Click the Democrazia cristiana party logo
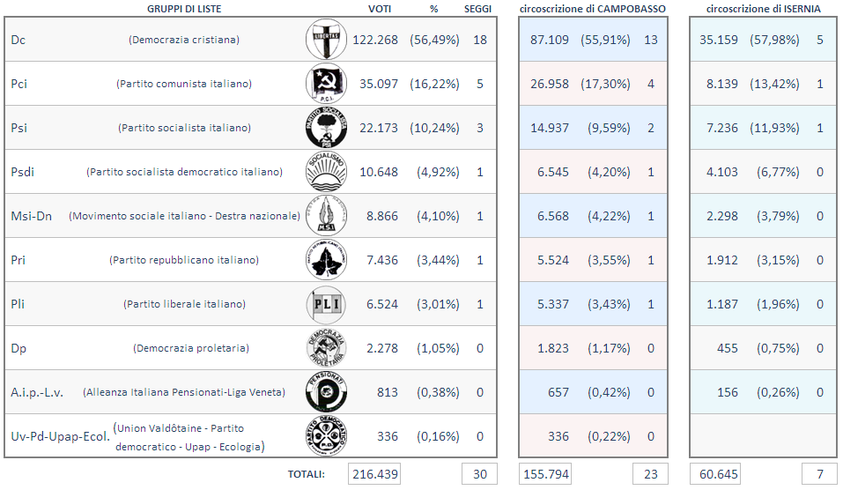tap(326, 40)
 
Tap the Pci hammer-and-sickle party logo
tap(326, 84)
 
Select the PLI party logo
tap(326, 304)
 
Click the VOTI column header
tap(379, 8)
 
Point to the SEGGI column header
tap(478, 8)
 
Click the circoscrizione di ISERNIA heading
tap(763, 8)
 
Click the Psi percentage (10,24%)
tap(434, 128)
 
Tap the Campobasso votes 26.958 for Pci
tap(550, 84)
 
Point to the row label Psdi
tap(23, 172)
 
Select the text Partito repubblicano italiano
tap(184, 260)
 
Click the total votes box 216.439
tap(374, 474)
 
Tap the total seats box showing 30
tap(479, 474)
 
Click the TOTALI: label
tap(306, 474)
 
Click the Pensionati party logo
tap(326, 392)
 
